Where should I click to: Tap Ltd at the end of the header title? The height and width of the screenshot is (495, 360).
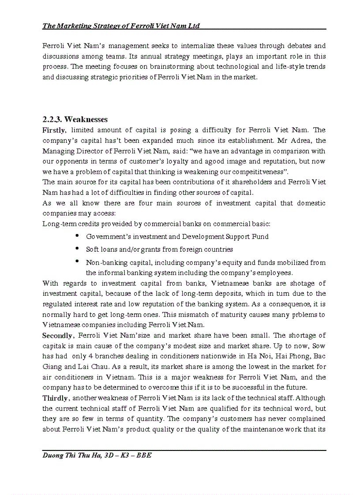point(194,26)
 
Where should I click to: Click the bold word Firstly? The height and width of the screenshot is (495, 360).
point(54,130)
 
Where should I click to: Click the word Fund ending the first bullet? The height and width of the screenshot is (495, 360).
point(260,237)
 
